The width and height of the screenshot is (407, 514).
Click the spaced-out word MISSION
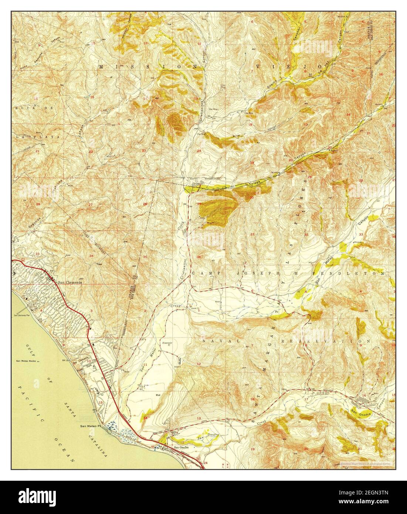[124, 67]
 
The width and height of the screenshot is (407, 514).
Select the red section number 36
[199, 257]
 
